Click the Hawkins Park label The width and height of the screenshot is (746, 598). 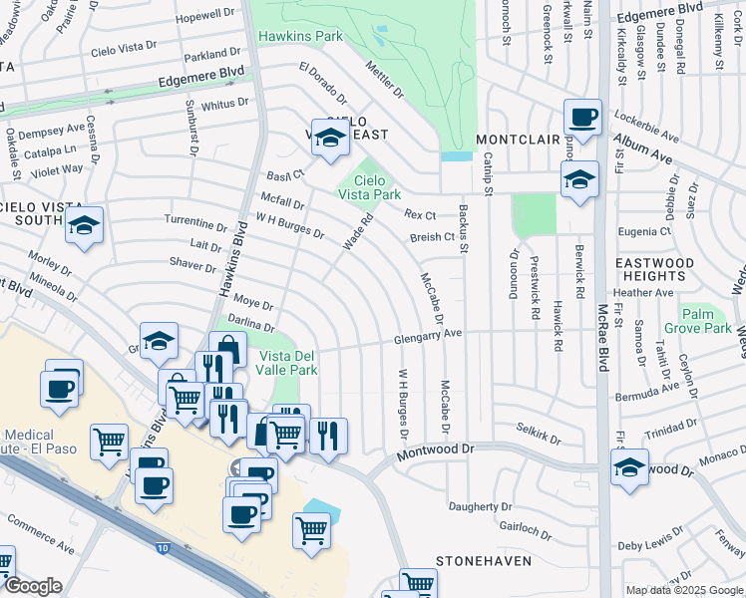point(300,37)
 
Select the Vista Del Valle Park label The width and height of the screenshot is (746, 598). point(288,363)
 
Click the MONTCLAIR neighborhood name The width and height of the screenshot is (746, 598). point(514,139)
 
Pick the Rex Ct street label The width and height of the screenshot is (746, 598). point(420,215)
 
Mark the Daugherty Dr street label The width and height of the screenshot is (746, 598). point(479,507)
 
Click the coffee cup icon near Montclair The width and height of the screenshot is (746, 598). point(582,117)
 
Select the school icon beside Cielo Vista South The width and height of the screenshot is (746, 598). point(85,226)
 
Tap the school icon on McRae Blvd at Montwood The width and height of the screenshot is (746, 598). point(630,467)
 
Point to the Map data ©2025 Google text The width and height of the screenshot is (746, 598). point(683,590)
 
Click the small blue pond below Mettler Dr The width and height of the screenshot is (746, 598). point(457,155)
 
